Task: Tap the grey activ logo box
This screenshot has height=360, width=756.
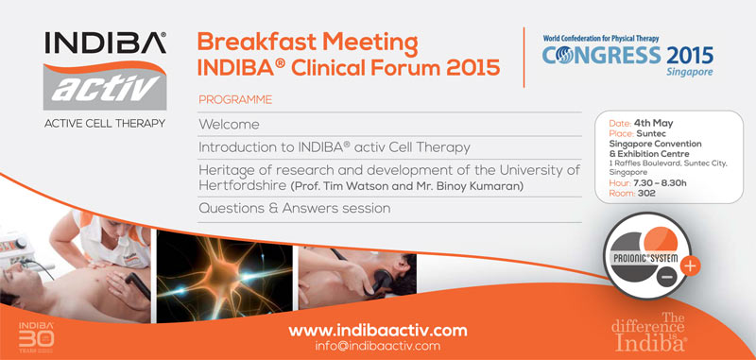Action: [x=93, y=86]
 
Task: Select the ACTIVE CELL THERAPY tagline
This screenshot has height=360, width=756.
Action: [x=93, y=123]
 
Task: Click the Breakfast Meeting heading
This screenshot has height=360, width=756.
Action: [x=307, y=43]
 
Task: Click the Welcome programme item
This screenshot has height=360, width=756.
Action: [x=229, y=125]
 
